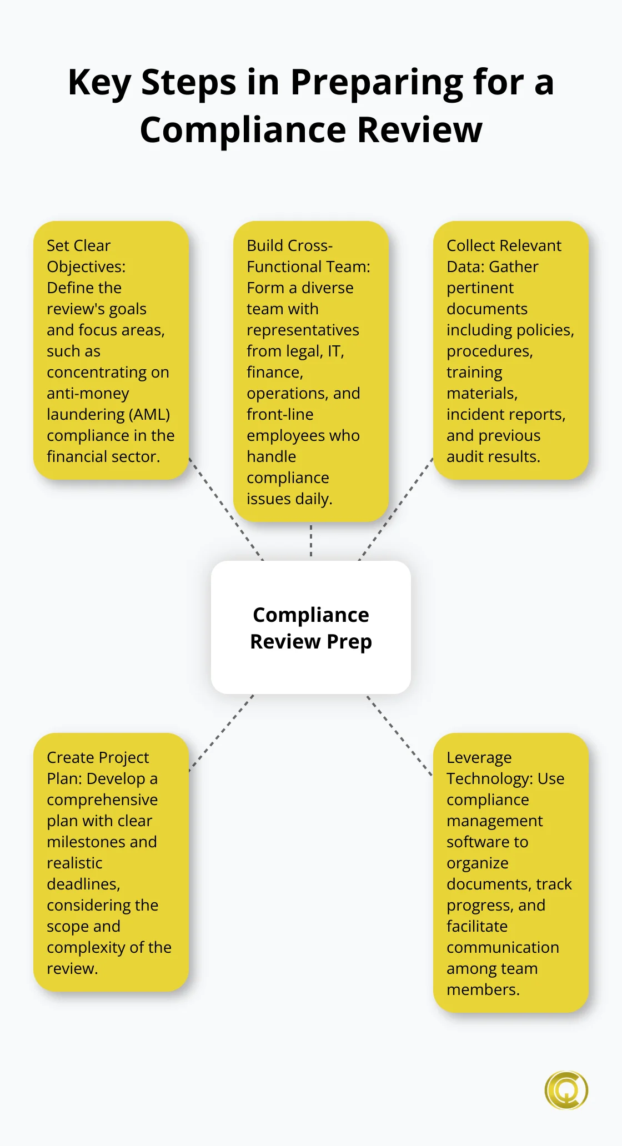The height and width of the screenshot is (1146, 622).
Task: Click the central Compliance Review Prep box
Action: [311, 627]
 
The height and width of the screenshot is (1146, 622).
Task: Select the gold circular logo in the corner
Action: [566, 1090]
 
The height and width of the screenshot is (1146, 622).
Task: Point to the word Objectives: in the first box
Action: [86, 267]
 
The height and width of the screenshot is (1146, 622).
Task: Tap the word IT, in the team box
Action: [335, 351]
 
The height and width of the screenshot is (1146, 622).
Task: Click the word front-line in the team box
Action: [280, 415]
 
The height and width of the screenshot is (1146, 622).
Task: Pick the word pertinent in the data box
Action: [480, 288]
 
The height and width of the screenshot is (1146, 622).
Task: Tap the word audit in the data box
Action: [465, 457]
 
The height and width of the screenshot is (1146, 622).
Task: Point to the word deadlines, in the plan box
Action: [83, 884]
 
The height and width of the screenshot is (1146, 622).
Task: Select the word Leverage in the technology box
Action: [479, 758]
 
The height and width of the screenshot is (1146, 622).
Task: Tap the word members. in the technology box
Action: [483, 990]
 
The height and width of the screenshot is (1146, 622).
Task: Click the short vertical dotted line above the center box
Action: [311, 541]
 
